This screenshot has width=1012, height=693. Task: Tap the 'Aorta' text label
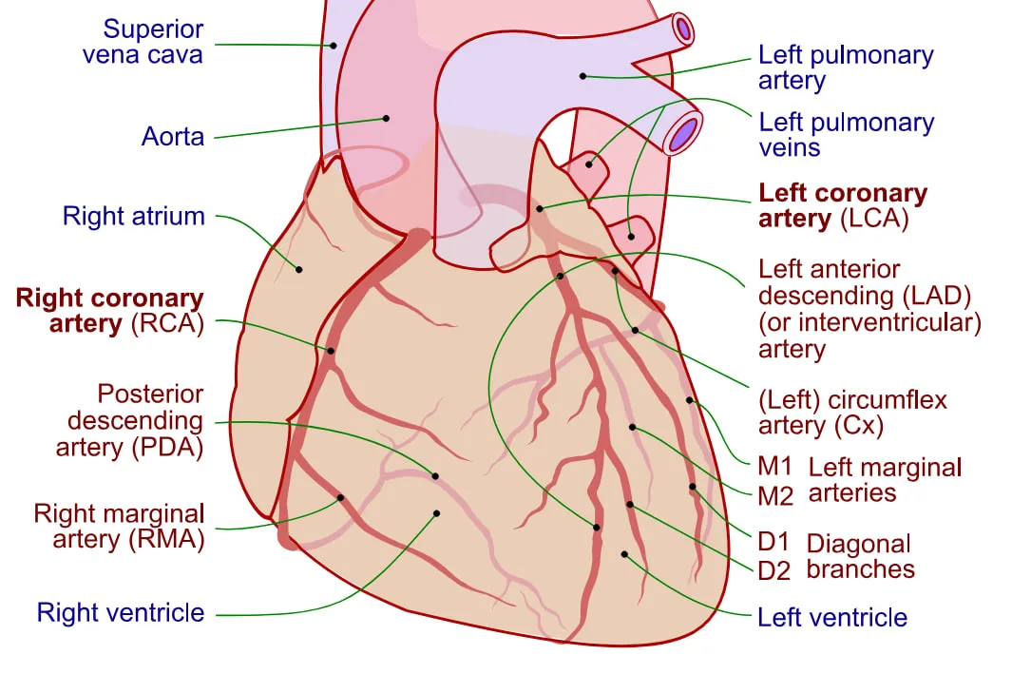click(172, 137)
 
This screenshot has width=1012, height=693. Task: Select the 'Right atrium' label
click(133, 216)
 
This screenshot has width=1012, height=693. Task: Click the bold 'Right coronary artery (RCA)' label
click(109, 311)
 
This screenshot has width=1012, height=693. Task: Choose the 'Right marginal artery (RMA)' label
click(119, 527)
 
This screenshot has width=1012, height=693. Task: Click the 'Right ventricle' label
click(120, 612)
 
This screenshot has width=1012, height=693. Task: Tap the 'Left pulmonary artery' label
click(846, 67)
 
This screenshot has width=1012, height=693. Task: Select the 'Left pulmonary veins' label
click(846, 135)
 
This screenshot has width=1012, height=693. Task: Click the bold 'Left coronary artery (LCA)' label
click(842, 206)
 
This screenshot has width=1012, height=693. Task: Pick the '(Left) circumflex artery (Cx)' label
click(852, 413)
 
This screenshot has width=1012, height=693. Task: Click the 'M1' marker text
click(775, 468)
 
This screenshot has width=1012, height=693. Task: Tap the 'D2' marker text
click(774, 570)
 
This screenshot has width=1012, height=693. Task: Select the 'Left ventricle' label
click(831, 618)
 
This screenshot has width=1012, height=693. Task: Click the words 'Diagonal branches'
click(859, 556)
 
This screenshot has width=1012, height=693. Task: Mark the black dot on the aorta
click(387, 119)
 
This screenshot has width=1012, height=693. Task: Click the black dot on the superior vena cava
click(334, 45)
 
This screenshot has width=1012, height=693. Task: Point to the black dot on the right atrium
click(299, 269)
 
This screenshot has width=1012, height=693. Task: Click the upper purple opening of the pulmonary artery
click(683, 29)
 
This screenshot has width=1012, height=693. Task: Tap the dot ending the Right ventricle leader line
click(436, 513)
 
